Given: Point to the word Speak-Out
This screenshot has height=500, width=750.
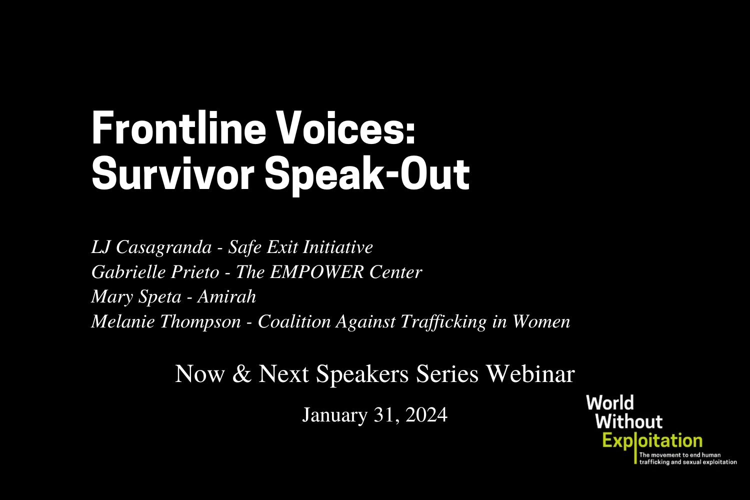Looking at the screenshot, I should (x=367, y=174).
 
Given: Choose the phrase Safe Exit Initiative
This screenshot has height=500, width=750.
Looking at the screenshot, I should (x=300, y=247).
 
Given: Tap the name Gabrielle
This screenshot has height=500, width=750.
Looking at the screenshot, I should (x=128, y=272).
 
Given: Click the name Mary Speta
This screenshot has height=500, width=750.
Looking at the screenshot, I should (x=136, y=296).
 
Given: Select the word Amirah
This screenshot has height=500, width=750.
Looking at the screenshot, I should (x=227, y=296).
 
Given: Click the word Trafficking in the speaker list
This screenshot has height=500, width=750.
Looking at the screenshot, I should (x=444, y=321).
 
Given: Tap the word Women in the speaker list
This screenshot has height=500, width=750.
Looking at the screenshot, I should (x=541, y=321).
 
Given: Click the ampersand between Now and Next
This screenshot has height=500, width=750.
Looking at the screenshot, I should (x=242, y=374).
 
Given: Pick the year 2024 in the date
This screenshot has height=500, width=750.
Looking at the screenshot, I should (x=426, y=415).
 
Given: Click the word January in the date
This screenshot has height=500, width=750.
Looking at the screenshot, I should (x=334, y=415).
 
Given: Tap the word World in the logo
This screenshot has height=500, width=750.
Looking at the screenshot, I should (x=610, y=403).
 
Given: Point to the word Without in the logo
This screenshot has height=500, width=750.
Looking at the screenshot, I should (x=628, y=421).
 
